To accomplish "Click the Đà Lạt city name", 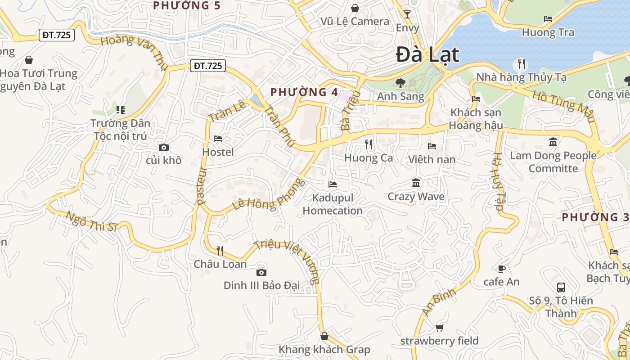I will coord(427,55).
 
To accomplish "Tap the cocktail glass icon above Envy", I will coord(407,14).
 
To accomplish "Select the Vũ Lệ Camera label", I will coord(355,21).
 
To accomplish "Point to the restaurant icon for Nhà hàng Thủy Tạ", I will coord(522,64).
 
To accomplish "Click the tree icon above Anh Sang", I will coord(400,83).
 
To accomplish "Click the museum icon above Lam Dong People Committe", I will coord(553,142).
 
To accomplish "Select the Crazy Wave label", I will coord(416,197).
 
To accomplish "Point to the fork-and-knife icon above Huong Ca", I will coord(369,144).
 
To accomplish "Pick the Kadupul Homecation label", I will coord(333,204).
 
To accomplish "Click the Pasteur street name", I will coord(201,186).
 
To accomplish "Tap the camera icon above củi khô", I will coord(164,147).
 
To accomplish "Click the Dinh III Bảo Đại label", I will coord(261,285).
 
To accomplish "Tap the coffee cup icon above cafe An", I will coord(501,269).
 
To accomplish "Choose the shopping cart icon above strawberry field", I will coord(439,328).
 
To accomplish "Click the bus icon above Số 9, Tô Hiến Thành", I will coord(561,287).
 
